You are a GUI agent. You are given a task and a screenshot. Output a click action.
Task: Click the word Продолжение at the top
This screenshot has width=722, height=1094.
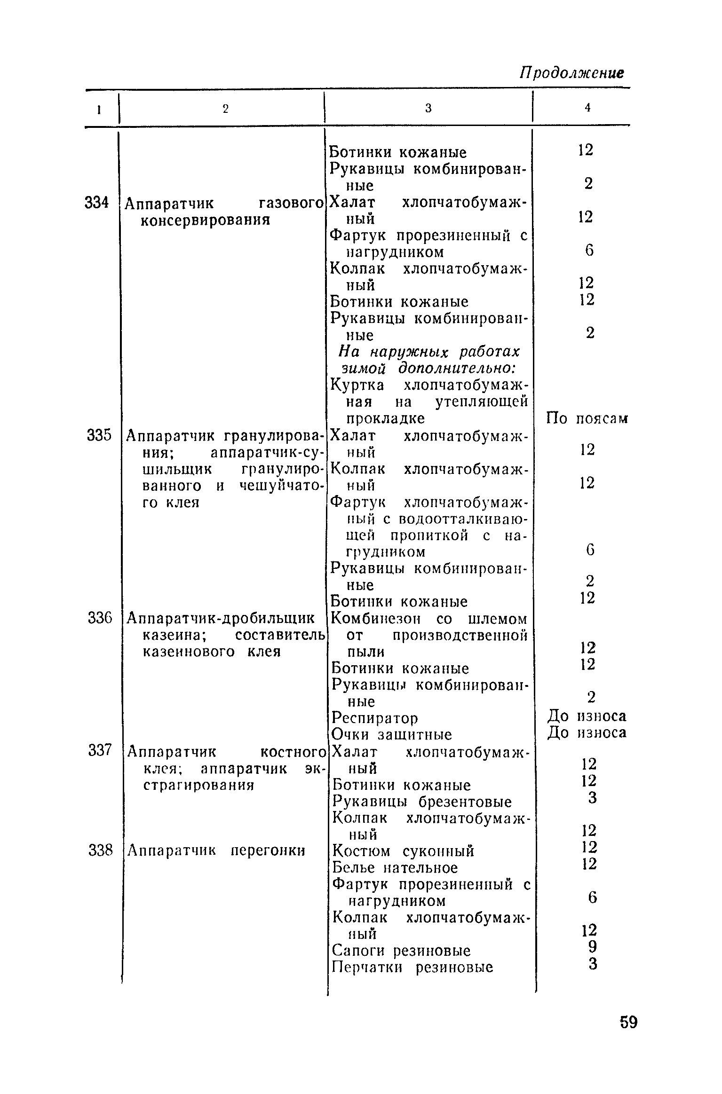(571, 73)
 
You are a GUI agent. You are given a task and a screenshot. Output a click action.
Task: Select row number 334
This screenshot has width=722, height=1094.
(97, 203)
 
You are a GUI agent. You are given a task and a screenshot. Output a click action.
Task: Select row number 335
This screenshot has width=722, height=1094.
(99, 436)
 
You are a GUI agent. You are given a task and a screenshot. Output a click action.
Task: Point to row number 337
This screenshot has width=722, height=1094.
(100, 750)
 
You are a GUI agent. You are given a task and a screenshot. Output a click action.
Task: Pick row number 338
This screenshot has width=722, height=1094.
(101, 850)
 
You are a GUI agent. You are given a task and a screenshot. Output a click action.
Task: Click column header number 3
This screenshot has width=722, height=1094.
(428, 109)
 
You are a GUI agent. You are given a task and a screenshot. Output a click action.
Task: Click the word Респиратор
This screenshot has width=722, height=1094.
(375, 718)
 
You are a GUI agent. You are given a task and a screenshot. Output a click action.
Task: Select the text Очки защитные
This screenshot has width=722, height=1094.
(391, 734)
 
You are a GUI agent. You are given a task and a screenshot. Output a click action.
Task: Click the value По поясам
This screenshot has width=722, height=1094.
(587, 418)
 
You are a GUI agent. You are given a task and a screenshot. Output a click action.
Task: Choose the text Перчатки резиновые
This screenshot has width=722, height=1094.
(413, 968)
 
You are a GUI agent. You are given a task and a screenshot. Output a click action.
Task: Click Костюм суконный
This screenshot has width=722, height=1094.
(403, 851)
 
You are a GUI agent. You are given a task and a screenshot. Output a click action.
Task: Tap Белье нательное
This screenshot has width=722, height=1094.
(395, 867)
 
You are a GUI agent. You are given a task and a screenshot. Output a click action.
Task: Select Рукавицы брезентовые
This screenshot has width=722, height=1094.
(422, 802)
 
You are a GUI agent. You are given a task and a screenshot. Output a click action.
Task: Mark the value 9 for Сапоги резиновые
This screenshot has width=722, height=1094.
(592, 946)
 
